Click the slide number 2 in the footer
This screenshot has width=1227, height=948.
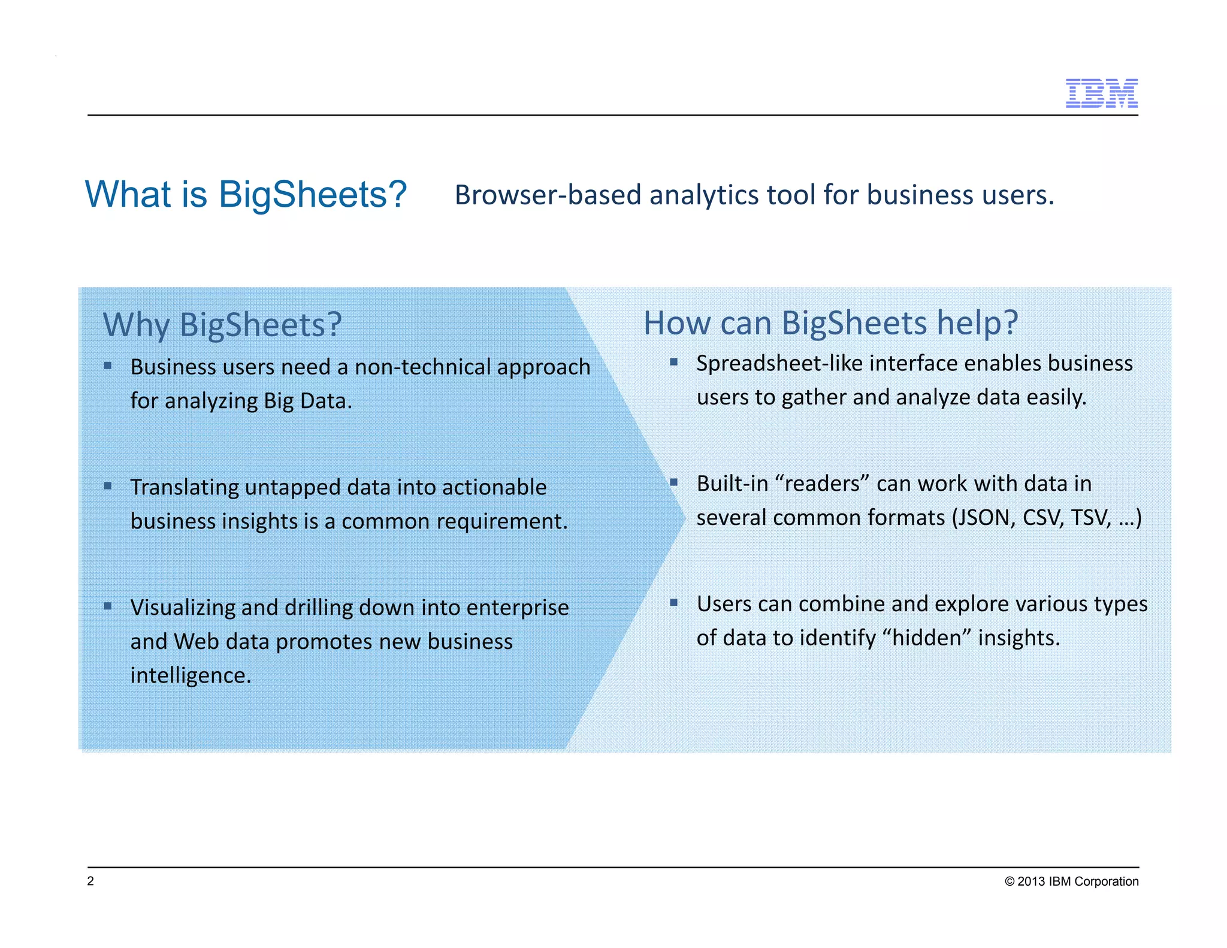pos(90,881)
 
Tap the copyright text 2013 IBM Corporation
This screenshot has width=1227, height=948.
pos(1071,881)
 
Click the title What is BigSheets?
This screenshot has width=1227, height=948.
pos(246,195)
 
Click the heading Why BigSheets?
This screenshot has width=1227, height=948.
pos(222,325)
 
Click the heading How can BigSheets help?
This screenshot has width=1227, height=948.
pos(830,324)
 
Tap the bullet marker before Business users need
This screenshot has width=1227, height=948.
pos(108,366)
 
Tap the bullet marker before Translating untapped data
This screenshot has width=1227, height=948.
pos(108,486)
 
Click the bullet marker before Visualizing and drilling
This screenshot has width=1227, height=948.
pos(108,606)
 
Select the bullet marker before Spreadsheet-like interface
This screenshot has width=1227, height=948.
pos(674,362)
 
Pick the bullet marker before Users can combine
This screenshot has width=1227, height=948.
pos(674,602)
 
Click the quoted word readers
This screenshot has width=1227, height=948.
pos(822,484)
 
